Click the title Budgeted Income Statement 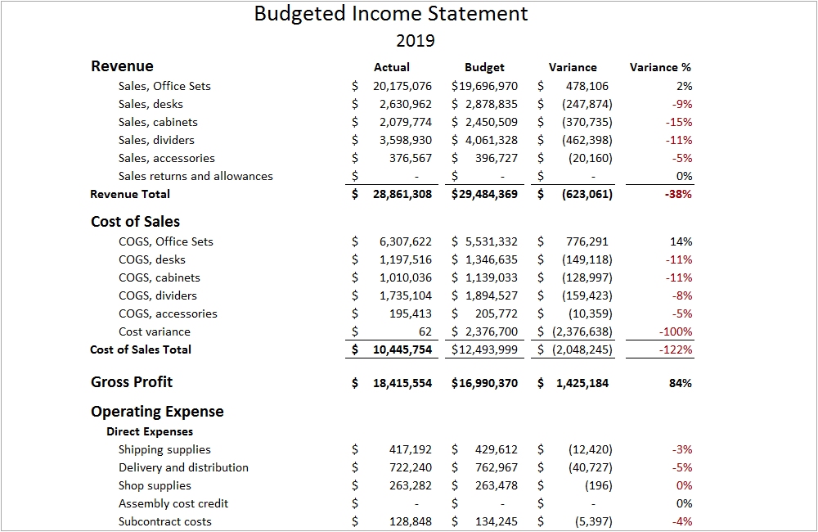pos(391,14)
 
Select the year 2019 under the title pos(416,40)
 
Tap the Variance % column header pos(660,67)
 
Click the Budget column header pos(484,67)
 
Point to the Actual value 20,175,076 pos(402,86)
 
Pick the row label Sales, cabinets pos(158,122)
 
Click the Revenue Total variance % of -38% pos(679,194)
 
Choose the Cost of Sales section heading pos(135,222)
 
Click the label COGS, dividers pos(158,295)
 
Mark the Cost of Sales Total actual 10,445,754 pos(402,349)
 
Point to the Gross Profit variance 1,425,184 pos(580,382)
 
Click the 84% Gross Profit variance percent pos(681,382)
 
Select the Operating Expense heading pos(157,412)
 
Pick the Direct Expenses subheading pos(150,431)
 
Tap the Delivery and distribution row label pos(183,467)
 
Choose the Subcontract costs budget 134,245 pos(496,521)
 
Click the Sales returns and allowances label pos(196,176)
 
